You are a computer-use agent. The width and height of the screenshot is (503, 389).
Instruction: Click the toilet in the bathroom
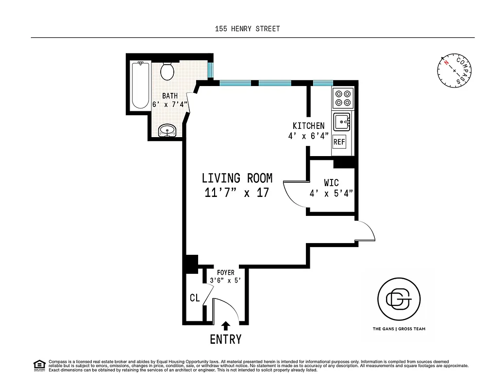click(167, 71)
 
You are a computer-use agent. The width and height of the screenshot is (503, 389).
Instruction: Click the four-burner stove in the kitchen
click(343, 98)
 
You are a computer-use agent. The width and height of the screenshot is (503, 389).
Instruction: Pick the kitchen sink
click(342, 121)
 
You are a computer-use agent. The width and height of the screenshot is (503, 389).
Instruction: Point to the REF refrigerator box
click(339, 142)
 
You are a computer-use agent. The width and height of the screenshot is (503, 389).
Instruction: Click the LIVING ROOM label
click(237, 178)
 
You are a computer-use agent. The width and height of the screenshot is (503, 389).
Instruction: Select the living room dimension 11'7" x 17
click(237, 193)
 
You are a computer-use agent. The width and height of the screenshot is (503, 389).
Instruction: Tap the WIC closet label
click(331, 184)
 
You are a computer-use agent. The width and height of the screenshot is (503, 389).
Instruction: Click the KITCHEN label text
click(308, 126)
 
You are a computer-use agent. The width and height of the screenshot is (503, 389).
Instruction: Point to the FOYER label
click(225, 273)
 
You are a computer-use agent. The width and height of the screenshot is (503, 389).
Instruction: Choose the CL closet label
click(195, 298)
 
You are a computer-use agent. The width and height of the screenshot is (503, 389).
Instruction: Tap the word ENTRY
click(226, 339)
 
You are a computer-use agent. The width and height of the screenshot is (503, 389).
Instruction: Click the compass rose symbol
click(454, 71)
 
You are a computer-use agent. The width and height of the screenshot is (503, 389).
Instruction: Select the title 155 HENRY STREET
click(248, 29)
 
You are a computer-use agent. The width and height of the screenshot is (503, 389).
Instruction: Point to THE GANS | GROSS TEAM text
click(399, 329)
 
